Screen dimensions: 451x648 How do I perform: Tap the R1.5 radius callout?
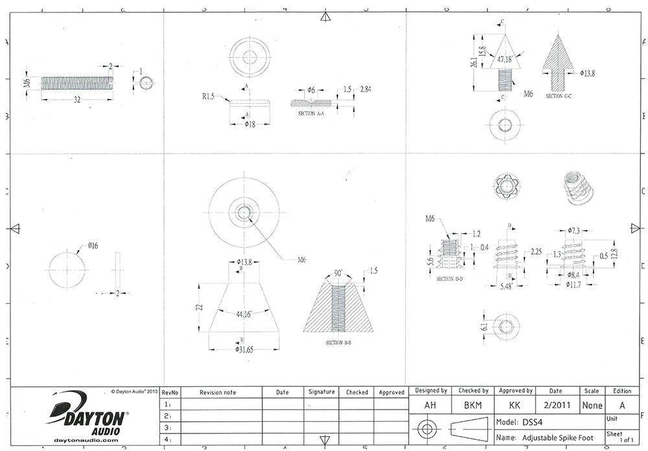click(207, 97)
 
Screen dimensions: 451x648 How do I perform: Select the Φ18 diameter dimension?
click(248, 124)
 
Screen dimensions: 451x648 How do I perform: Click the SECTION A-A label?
click(310, 113)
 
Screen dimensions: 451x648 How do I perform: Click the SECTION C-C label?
click(559, 96)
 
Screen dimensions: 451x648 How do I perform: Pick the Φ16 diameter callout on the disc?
click(93, 246)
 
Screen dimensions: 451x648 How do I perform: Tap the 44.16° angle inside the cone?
click(244, 314)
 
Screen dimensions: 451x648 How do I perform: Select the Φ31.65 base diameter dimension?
click(244, 351)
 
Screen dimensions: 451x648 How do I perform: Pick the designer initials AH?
click(430, 405)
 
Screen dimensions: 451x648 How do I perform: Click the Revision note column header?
click(218, 392)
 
